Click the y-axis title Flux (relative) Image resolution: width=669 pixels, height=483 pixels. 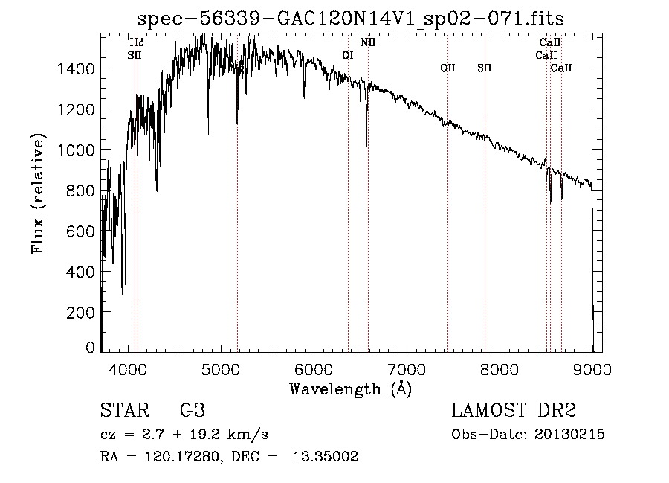[38, 193]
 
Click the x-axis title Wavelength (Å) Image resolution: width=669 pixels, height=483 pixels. [350, 388]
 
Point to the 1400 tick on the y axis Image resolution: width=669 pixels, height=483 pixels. [79, 69]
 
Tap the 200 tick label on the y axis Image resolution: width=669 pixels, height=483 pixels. [84, 313]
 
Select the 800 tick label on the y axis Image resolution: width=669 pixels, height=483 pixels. [84, 191]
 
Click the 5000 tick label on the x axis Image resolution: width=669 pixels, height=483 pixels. [220, 369]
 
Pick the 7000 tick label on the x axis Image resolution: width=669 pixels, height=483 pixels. [407, 369]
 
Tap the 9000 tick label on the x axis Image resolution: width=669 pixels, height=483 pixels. [592, 369]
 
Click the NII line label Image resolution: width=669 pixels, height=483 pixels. [368, 42]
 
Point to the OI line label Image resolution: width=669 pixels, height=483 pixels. [348, 55]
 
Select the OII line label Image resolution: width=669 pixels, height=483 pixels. [447, 68]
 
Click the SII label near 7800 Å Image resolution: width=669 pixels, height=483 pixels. [485, 68]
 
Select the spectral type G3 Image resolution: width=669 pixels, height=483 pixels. [193, 411]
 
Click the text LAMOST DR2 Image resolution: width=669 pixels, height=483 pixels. [514, 411]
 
